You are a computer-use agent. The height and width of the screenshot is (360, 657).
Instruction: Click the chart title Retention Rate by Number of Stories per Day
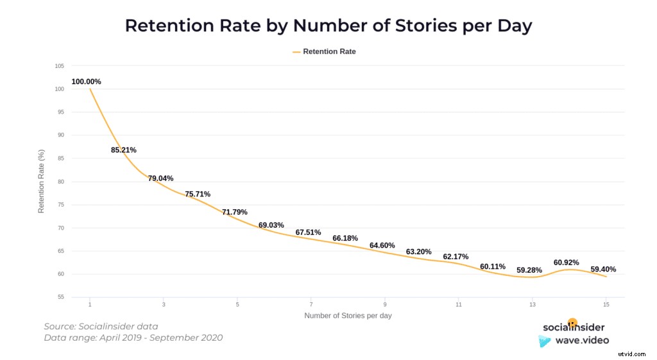click(x=328, y=26)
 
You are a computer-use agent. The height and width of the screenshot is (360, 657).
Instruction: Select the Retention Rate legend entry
click(x=328, y=51)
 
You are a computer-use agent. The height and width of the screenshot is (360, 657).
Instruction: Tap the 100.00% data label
click(x=86, y=81)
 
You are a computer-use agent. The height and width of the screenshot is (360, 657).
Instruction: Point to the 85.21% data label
click(x=123, y=150)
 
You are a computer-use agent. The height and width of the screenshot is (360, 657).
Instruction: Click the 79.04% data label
click(x=160, y=178)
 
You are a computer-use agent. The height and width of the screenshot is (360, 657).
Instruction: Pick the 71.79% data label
click(x=234, y=212)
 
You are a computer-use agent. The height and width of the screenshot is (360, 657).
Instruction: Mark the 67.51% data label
click(x=308, y=232)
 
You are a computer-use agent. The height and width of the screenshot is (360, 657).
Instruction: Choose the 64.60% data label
click(x=382, y=245)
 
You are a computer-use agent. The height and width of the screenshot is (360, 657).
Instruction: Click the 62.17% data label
click(x=456, y=257)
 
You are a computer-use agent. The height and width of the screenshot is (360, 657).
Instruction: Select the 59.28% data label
click(x=529, y=270)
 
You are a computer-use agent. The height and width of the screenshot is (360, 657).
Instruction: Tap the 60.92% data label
click(x=567, y=262)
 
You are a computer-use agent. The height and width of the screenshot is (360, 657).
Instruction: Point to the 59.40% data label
click(x=603, y=270)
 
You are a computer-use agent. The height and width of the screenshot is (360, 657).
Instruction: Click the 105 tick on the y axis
click(x=60, y=66)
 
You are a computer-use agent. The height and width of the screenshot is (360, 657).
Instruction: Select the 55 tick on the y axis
click(x=60, y=297)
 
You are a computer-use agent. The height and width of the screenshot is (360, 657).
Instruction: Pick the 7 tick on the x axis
click(x=311, y=304)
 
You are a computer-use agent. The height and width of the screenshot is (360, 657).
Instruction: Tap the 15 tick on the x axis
click(x=606, y=304)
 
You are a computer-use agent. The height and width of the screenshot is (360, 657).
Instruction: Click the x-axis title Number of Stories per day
click(x=348, y=316)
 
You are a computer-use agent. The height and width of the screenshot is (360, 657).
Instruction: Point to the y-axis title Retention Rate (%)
click(x=41, y=182)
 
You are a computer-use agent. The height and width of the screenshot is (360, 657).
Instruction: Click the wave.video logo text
click(x=582, y=340)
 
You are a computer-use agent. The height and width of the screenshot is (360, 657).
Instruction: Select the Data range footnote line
click(x=133, y=338)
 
